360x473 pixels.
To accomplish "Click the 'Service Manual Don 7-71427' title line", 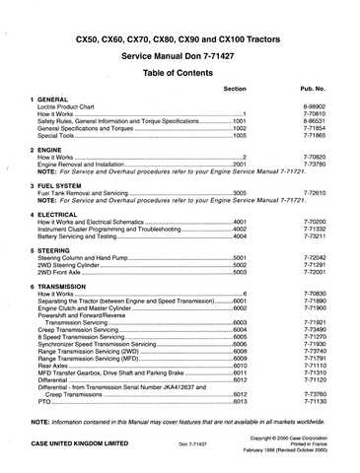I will [180, 56].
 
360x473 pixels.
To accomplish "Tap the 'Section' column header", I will [235, 89].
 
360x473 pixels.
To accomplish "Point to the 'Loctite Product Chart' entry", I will [66, 107].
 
